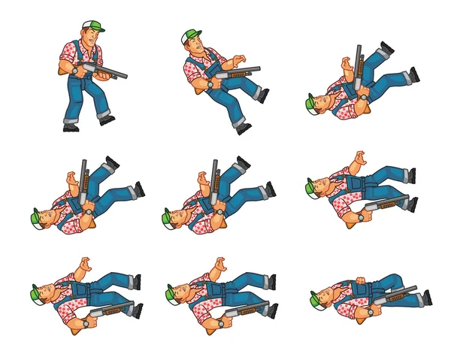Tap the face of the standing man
pos(89,37)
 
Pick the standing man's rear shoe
pos(71,127)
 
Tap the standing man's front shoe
pos(107,119)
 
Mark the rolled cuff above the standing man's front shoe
pos(101,110)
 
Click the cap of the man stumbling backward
pos(191,35)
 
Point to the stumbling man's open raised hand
pos(238,60)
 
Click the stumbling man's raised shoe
pos(263,95)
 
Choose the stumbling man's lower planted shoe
pos(243,128)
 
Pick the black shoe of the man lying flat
pos(426,298)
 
